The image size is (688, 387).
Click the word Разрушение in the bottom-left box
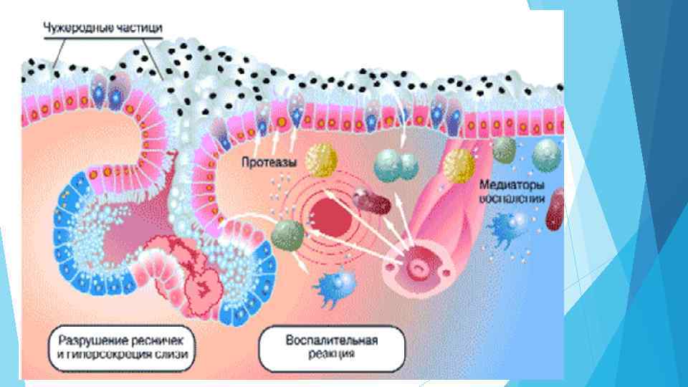(x=87, y=339)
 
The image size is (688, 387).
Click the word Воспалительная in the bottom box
(x=331, y=339)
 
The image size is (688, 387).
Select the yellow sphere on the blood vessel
(x=459, y=166)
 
